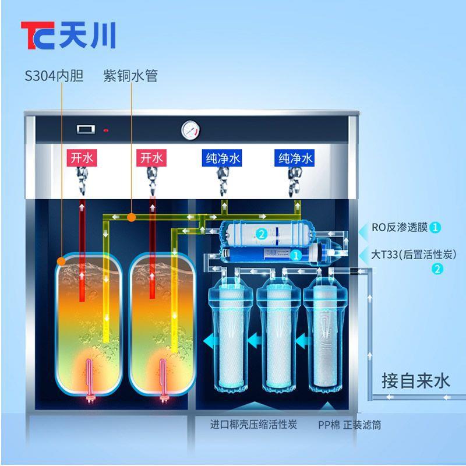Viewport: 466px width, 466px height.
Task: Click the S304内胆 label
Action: [x=54, y=76]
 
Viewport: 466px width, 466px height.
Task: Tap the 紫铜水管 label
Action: [x=130, y=76]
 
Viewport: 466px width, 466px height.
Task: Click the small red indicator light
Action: [x=105, y=130]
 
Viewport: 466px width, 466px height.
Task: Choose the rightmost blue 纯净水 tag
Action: [x=296, y=158]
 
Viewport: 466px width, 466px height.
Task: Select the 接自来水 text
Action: [x=416, y=381]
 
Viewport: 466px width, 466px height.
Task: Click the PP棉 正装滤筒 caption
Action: [x=349, y=425]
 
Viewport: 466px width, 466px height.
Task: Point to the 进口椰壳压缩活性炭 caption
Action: [x=253, y=424]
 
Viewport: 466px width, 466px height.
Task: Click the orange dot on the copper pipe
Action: [x=132, y=218]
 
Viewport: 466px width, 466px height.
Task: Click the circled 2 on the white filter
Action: [x=262, y=234]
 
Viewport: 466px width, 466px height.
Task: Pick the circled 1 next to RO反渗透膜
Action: [x=436, y=227]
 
